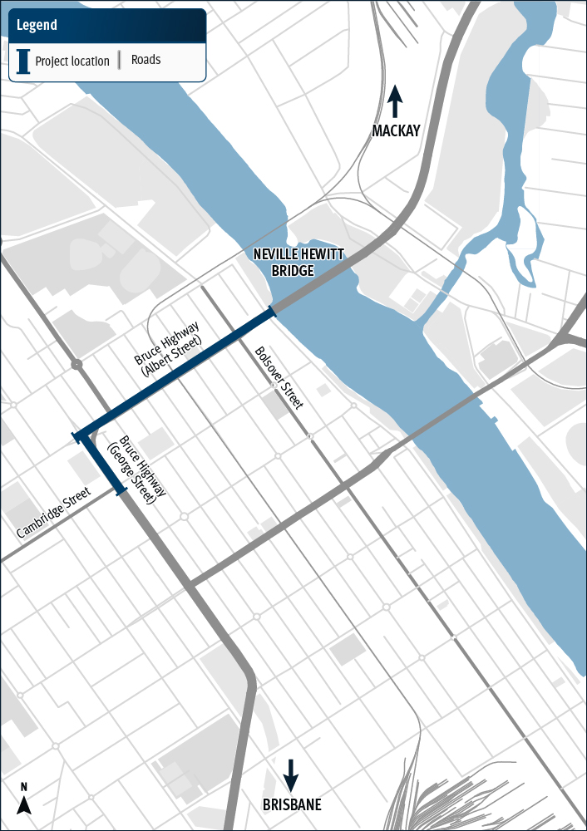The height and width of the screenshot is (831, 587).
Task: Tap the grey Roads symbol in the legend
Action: (120, 60)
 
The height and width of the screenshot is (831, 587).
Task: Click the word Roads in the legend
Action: (146, 60)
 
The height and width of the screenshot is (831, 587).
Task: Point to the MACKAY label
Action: (396, 130)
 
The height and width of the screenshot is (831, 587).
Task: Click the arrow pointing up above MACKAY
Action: (396, 101)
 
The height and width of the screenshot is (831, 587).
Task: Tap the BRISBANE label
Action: (291, 804)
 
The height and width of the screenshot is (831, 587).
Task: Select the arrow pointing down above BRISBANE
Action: (291, 774)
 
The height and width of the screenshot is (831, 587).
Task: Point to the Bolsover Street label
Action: (278, 378)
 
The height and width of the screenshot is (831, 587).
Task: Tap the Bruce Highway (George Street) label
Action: (138, 470)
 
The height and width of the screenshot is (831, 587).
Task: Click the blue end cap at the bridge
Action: (272, 312)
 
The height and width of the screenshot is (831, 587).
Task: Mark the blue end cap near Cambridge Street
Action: (121, 493)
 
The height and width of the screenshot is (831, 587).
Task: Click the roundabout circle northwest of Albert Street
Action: (76, 364)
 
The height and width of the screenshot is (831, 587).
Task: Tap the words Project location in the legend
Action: (72, 61)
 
